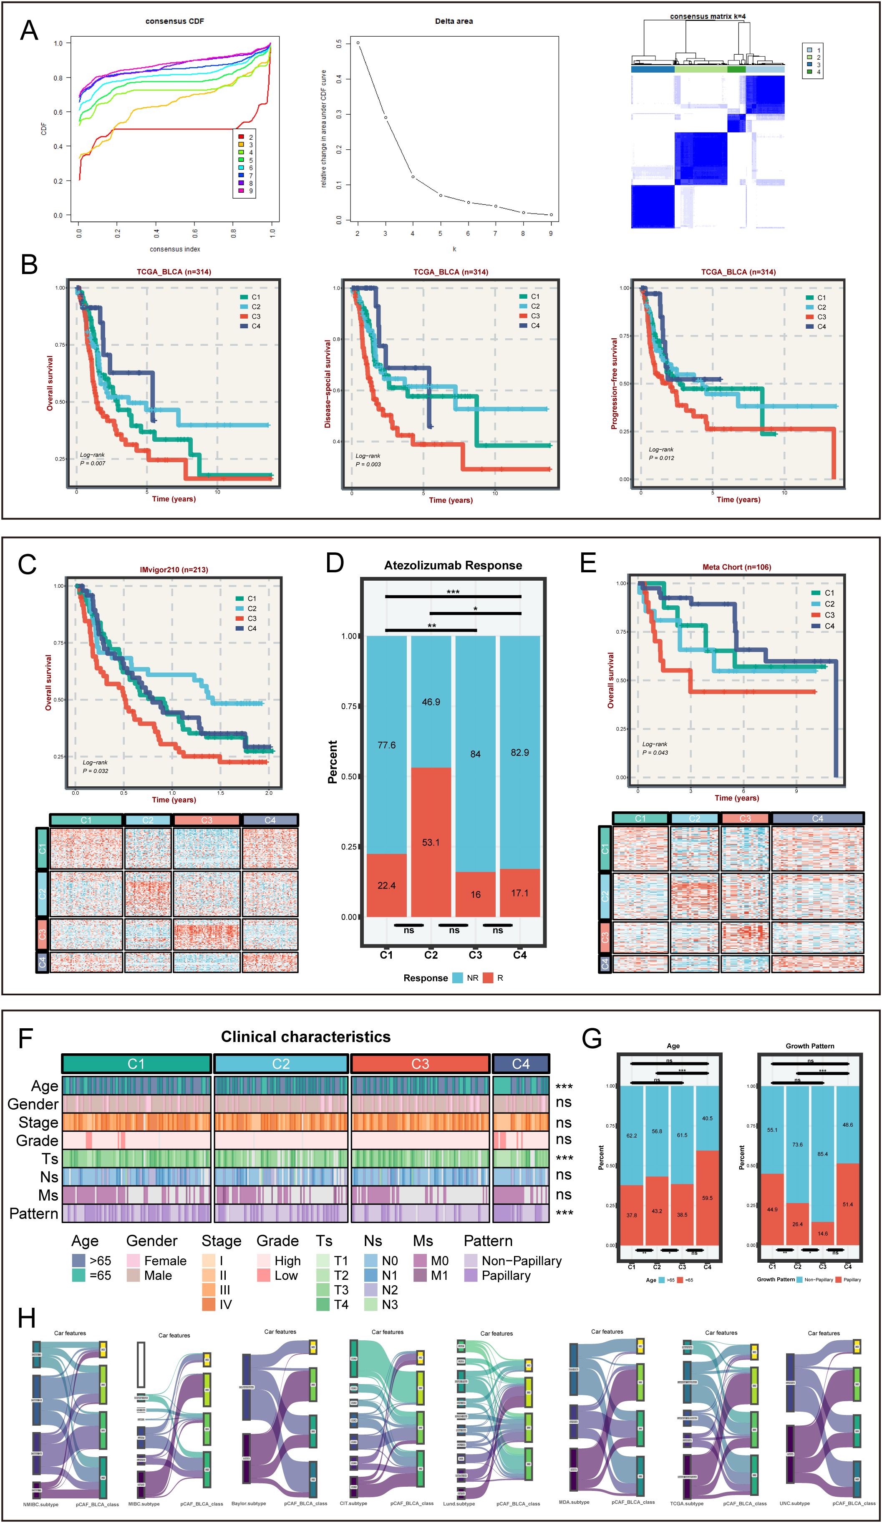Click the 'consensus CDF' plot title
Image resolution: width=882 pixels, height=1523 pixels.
175,21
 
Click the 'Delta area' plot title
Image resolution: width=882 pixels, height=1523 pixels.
454,21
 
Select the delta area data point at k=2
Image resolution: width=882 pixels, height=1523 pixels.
358,43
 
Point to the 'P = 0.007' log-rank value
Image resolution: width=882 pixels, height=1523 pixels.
93,463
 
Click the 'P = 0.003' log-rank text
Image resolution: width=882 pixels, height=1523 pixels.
368,464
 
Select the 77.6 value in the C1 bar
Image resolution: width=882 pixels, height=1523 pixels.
386,745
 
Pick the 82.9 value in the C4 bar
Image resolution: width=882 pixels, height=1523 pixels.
520,753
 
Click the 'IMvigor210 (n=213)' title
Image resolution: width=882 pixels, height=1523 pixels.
174,569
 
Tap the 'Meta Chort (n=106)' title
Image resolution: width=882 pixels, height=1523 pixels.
737,567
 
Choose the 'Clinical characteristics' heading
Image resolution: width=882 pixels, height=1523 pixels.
306,1037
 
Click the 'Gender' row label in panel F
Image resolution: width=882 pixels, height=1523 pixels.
33,1105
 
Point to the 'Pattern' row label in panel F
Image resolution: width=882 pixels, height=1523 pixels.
34,1213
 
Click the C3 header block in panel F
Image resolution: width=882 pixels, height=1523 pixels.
420,1064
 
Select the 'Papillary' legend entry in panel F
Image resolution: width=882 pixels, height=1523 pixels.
506,1276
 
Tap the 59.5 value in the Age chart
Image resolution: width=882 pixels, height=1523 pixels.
707,1198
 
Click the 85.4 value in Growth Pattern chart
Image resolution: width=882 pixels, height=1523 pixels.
823,1154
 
